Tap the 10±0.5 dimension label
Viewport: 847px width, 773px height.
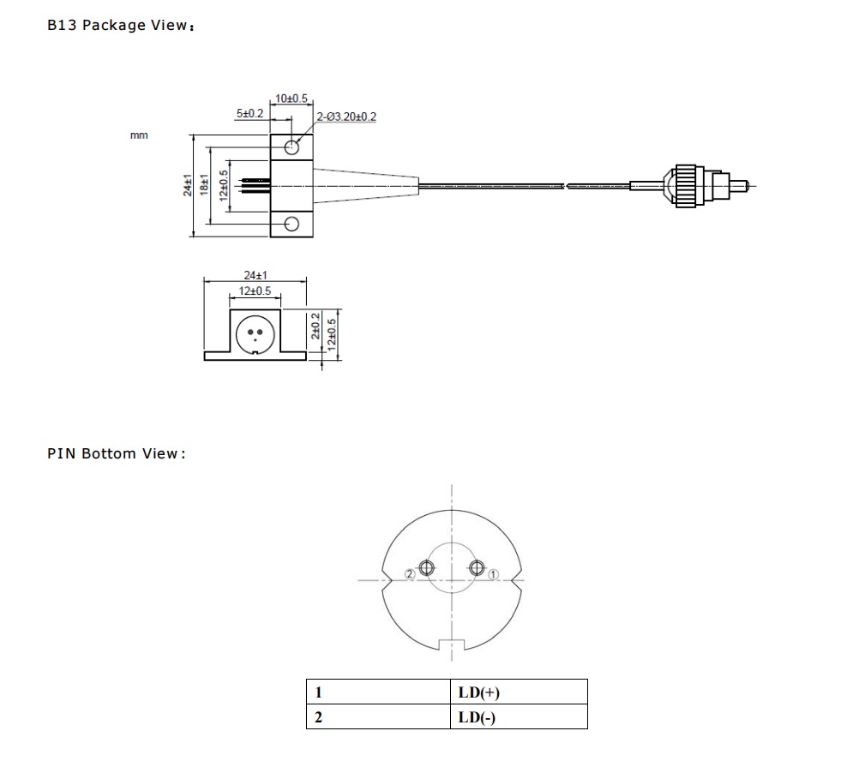point(291,99)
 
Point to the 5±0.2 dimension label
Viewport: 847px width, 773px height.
point(250,113)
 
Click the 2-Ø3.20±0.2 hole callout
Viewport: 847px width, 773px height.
point(346,117)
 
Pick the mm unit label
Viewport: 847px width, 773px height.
point(139,135)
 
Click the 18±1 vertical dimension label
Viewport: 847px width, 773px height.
point(204,184)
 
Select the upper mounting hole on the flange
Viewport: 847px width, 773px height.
point(291,147)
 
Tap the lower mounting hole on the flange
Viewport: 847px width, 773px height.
point(291,224)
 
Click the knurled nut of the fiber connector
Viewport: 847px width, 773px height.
point(688,186)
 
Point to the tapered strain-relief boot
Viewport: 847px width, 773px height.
point(366,186)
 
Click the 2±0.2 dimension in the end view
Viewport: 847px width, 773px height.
point(315,326)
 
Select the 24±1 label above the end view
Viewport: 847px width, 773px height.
point(255,275)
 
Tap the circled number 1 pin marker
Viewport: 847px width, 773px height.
point(493,575)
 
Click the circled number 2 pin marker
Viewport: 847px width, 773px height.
point(410,574)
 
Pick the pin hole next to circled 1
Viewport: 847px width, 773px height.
point(477,568)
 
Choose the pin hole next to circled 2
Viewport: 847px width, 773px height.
point(426,568)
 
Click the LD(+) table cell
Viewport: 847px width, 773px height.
point(520,692)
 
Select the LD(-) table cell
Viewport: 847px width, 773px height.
point(520,716)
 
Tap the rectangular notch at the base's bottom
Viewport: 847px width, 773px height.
point(452,645)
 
